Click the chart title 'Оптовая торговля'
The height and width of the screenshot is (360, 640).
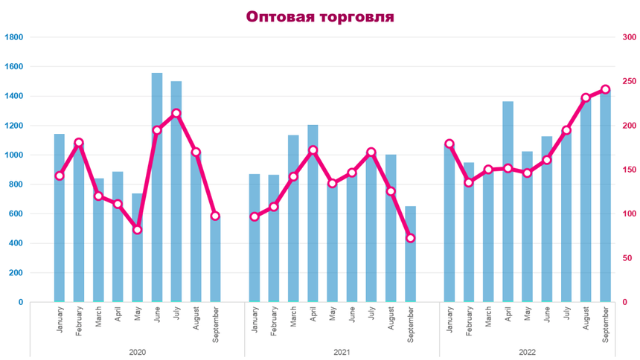coord(319,16)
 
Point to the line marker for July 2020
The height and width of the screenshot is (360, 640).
coord(176,114)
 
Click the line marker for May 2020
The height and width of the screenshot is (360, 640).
coord(138,230)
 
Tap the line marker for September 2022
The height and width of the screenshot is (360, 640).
coord(605,89)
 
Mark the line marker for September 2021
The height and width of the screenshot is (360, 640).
coord(410,238)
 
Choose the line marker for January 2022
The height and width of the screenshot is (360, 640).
coord(449,144)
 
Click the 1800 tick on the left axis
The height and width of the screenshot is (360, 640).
coord(14,37)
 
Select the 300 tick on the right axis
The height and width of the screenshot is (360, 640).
coord(630,37)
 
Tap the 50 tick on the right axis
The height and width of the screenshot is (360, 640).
coord(627,258)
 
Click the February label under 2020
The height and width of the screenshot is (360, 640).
coord(80,324)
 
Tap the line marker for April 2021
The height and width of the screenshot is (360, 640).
coord(313,150)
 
